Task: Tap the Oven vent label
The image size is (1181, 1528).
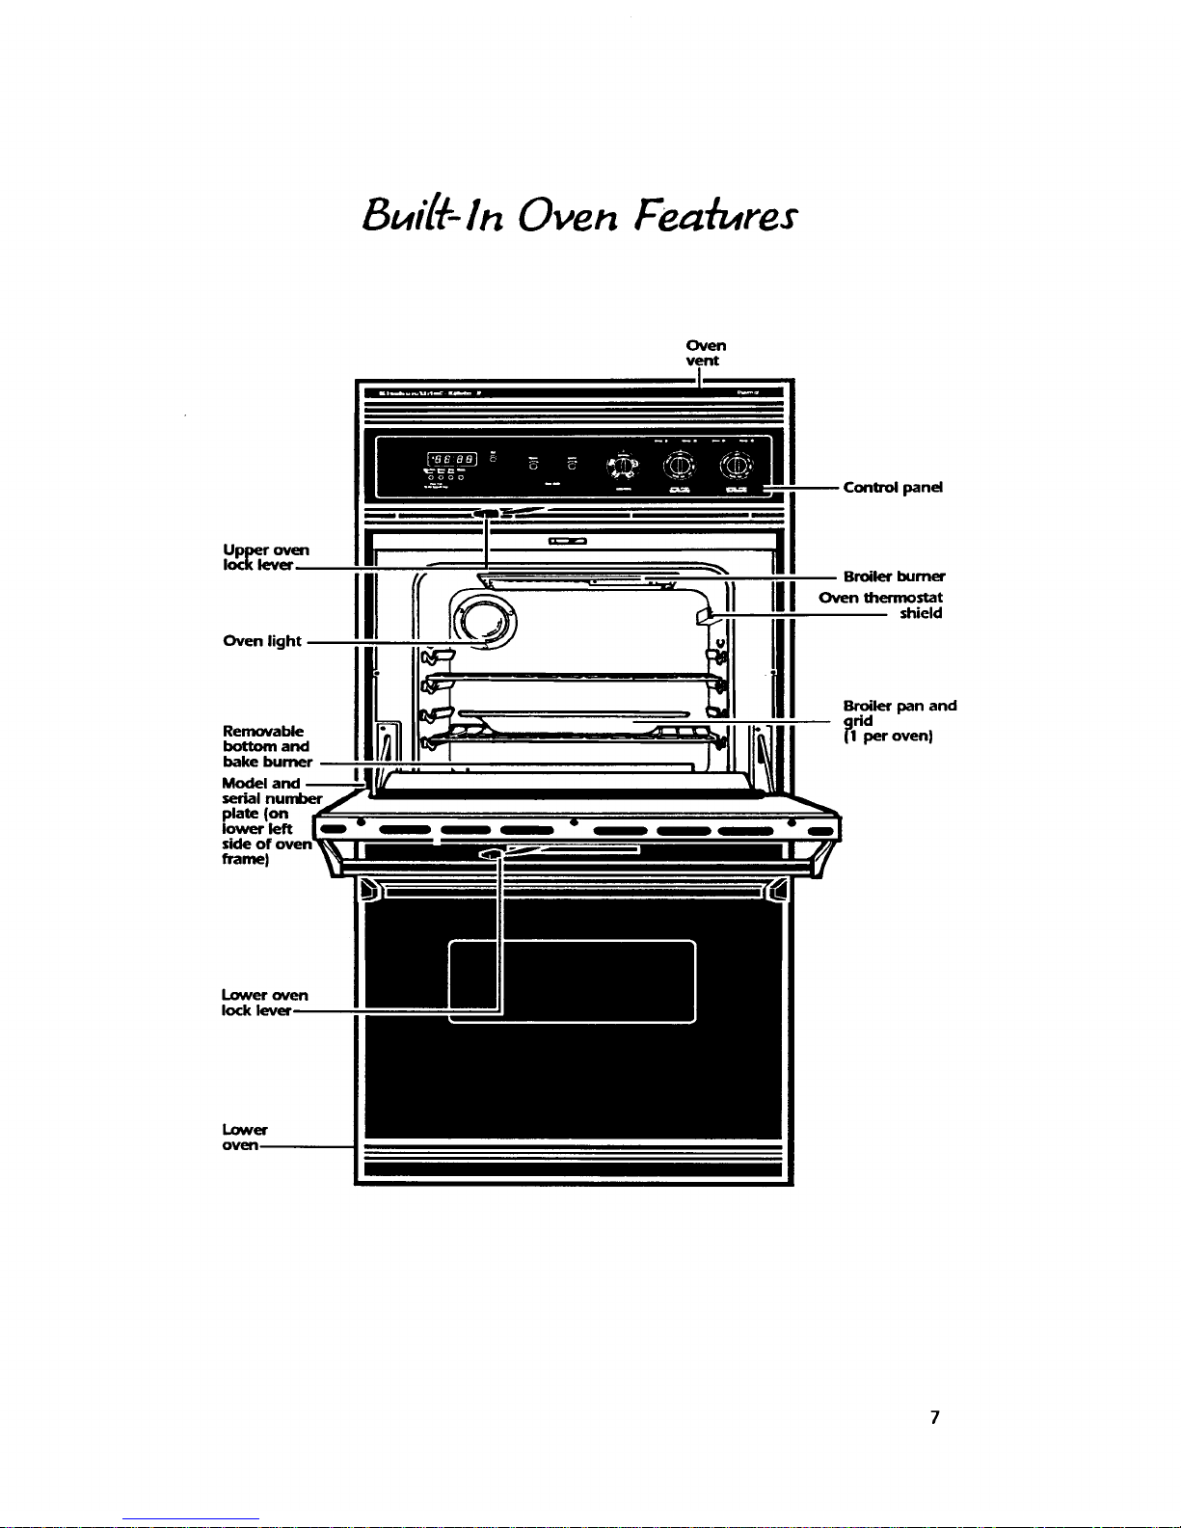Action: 706,353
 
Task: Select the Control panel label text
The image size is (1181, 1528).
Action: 892,487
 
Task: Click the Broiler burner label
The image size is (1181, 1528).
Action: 894,576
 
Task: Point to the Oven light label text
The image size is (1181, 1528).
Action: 262,641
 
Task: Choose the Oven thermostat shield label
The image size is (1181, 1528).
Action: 881,605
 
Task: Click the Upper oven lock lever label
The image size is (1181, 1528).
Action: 265,557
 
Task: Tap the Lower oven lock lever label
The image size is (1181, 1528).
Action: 264,1003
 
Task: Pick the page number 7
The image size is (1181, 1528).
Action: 934,1417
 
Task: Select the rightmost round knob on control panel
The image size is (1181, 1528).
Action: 738,466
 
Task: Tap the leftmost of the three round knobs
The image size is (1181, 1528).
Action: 624,466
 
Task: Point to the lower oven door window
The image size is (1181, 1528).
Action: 573,980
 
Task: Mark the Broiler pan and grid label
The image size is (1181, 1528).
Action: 899,721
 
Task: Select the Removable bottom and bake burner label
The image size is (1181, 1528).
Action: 267,746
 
